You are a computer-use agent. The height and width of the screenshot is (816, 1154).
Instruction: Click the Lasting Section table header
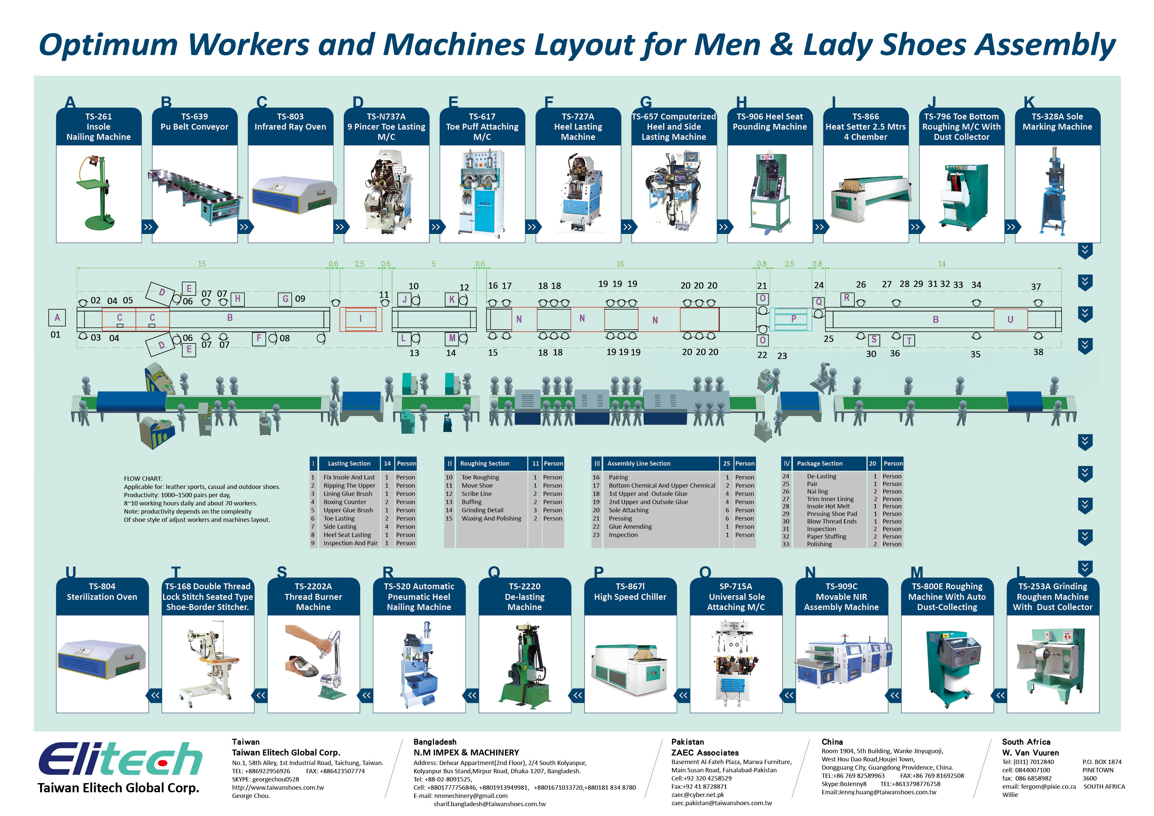(x=349, y=464)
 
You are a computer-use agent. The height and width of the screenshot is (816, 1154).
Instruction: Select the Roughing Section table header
(x=485, y=464)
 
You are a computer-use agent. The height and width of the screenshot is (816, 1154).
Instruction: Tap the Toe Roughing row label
(x=480, y=477)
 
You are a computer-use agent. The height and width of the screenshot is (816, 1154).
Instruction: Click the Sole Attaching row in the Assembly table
(x=628, y=510)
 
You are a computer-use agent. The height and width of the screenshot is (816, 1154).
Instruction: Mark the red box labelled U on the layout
(x=1010, y=319)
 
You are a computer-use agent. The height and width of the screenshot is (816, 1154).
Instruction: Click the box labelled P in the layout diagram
(x=793, y=319)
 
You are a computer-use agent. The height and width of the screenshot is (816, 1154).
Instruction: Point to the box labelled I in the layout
(x=360, y=319)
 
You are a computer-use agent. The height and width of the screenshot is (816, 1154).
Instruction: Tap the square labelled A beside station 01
(x=57, y=318)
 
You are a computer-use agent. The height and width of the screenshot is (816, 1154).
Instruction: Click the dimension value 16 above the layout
(x=620, y=264)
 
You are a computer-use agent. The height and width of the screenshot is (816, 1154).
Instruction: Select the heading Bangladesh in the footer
(x=435, y=742)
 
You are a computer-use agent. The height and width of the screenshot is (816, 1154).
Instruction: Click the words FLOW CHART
(x=143, y=479)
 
